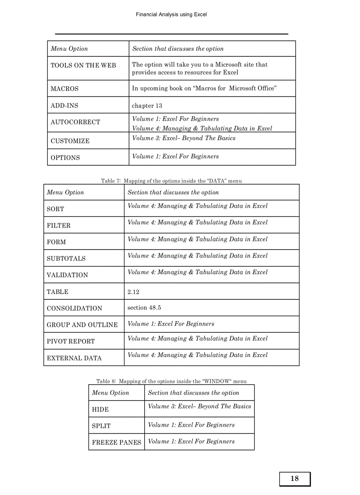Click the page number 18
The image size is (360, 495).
click(x=295, y=479)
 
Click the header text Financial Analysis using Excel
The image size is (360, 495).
click(x=171, y=15)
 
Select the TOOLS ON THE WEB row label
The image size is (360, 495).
click(x=83, y=65)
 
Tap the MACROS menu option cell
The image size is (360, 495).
click(x=65, y=89)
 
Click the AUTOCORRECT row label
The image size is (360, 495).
click(x=75, y=122)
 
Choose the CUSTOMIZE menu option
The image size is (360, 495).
click(x=70, y=141)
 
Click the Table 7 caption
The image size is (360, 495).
click(x=171, y=181)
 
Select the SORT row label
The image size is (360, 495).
click(x=56, y=209)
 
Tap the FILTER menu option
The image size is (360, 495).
click(x=59, y=226)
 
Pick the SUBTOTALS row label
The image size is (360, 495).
click(x=66, y=259)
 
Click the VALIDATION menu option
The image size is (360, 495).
click(x=67, y=275)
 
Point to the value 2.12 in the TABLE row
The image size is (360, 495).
click(x=133, y=292)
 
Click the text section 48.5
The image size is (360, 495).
click(x=144, y=308)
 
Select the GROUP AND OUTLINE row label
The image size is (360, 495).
click(x=82, y=325)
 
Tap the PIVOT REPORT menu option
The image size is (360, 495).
click(x=71, y=341)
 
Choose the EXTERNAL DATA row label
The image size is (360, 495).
click(x=74, y=358)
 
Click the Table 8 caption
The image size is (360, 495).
click(x=171, y=381)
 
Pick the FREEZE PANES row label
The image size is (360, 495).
click(x=116, y=443)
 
